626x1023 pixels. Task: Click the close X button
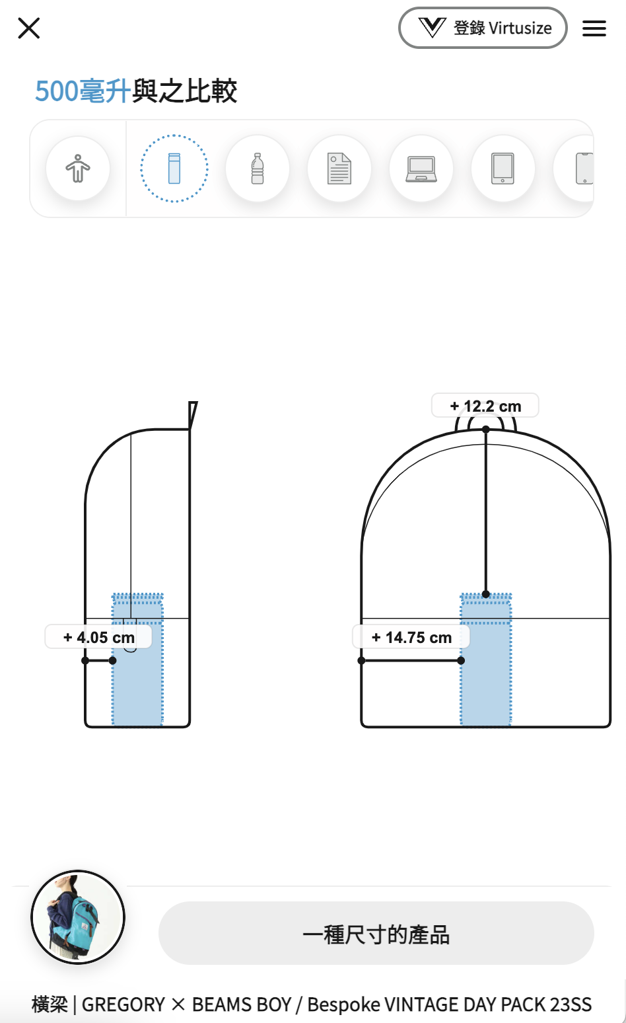tap(29, 28)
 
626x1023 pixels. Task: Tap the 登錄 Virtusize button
tap(483, 28)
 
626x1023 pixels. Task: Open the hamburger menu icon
tap(594, 28)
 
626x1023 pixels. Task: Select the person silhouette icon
tap(78, 168)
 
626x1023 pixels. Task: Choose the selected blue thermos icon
tap(174, 169)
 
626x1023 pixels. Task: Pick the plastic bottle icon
tap(258, 169)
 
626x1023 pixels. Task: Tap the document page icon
tap(339, 169)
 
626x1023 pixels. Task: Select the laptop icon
tap(421, 169)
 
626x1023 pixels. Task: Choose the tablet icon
tap(503, 169)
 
